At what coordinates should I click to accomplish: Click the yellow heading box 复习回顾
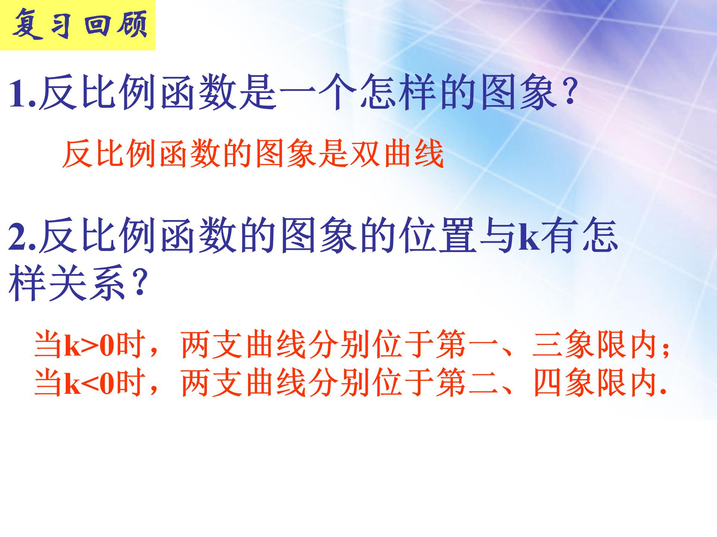coord(77,25)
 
